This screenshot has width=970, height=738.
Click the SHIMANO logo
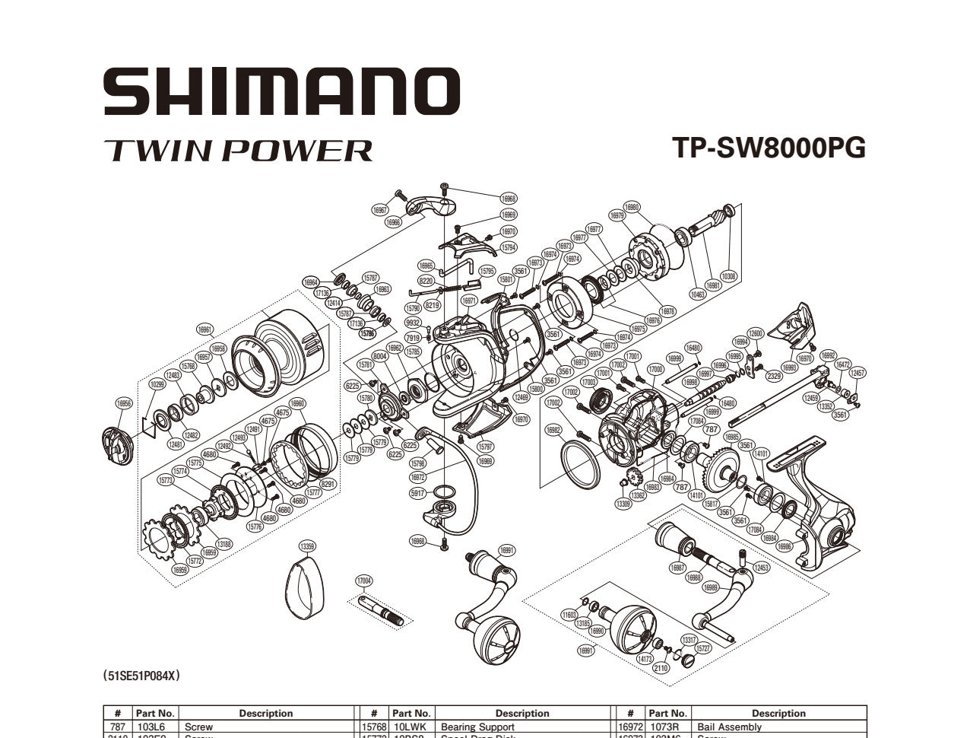(281, 91)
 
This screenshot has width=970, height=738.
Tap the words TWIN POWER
(238, 150)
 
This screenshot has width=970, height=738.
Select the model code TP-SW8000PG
(769, 147)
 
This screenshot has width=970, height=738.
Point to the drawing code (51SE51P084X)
(142, 675)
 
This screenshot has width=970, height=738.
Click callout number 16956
(124, 404)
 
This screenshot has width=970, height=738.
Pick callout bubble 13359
(308, 546)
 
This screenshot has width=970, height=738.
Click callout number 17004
(364, 581)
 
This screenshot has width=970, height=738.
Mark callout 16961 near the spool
(205, 329)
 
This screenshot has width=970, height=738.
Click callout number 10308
(729, 276)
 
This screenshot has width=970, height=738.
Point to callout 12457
(857, 373)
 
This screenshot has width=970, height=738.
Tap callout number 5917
(417, 493)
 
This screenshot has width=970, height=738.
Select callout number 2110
(660, 667)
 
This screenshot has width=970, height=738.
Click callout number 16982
(553, 430)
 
